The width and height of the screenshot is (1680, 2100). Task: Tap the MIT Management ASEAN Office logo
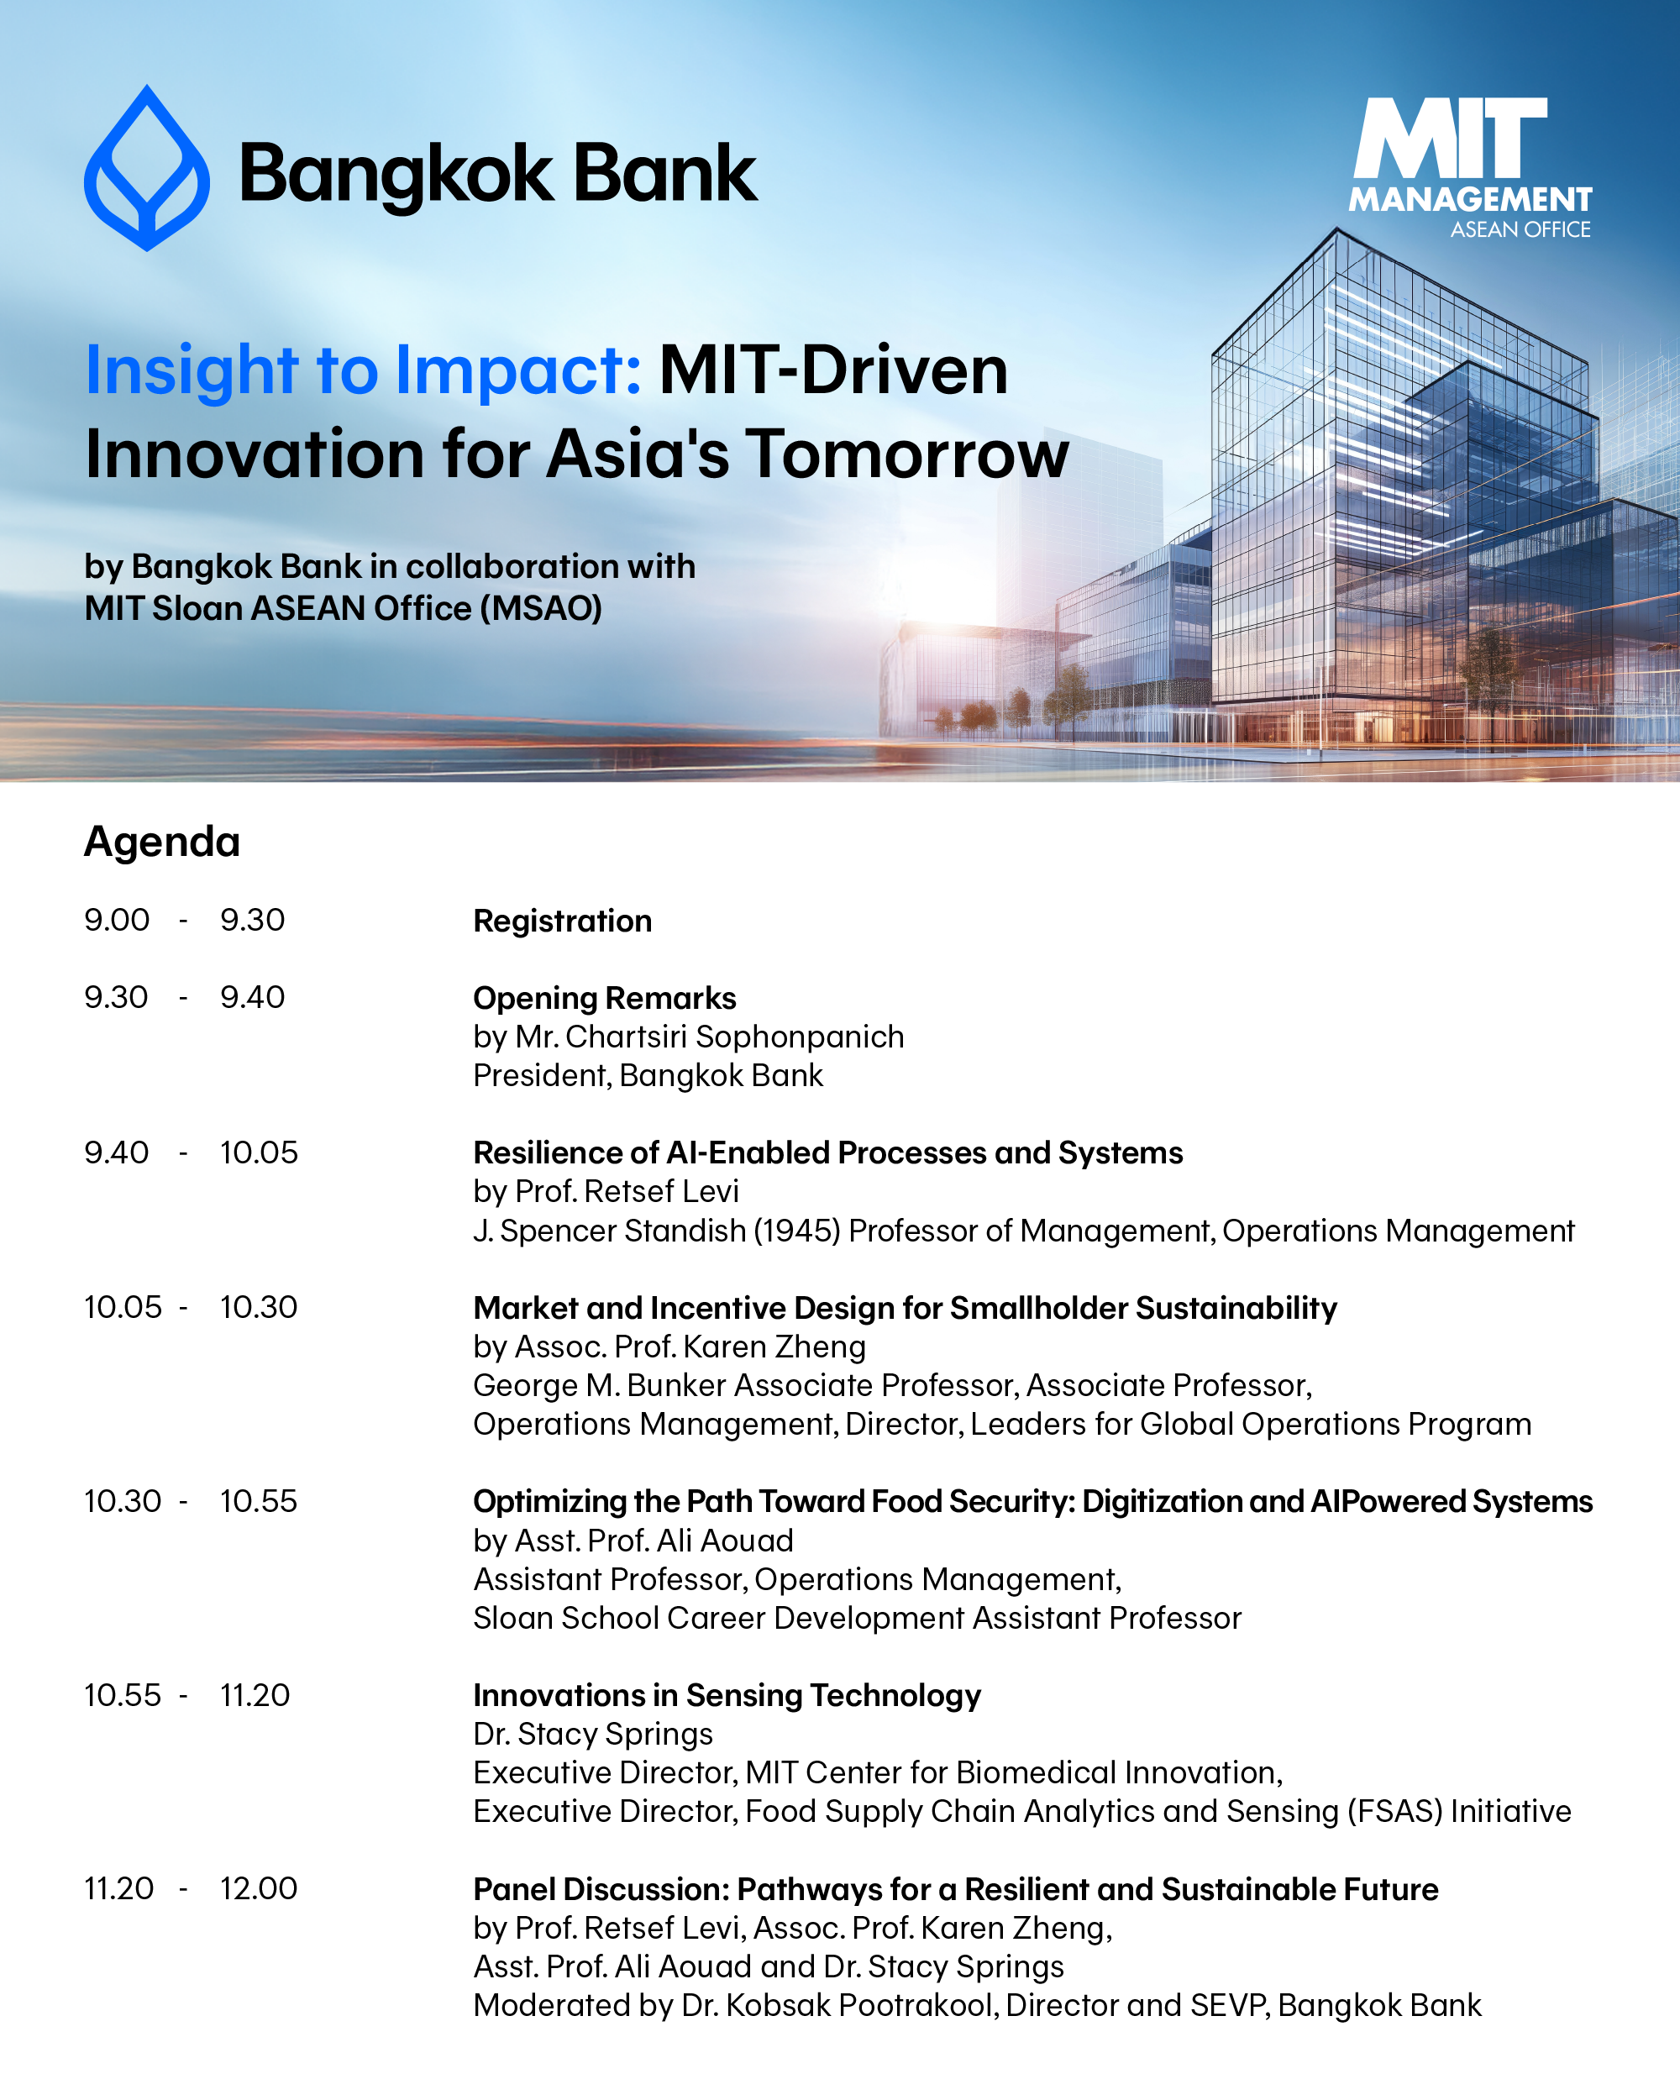[x=1471, y=167]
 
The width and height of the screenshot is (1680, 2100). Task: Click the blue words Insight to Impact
[x=362, y=371]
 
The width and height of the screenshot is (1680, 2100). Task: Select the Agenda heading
[x=161, y=842]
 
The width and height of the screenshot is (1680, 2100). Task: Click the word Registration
[x=562, y=921]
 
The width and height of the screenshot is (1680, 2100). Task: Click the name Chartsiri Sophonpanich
[x=734, y=1037]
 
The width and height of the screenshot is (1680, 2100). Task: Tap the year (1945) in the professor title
[x=796, y=1231]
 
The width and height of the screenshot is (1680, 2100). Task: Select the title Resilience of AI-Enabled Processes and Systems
[x=828, y=1152]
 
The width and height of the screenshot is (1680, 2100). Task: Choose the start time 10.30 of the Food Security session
[x=123, y=1501]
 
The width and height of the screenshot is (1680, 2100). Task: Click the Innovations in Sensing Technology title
[x=727, y=1695]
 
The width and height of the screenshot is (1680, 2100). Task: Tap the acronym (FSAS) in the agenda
[x=1394, y=1811]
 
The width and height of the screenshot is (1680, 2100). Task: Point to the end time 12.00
[x=258, y=1887]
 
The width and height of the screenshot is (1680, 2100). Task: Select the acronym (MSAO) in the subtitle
[x=540, y=608]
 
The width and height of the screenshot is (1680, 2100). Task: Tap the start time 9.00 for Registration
[x=117, y=920]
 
